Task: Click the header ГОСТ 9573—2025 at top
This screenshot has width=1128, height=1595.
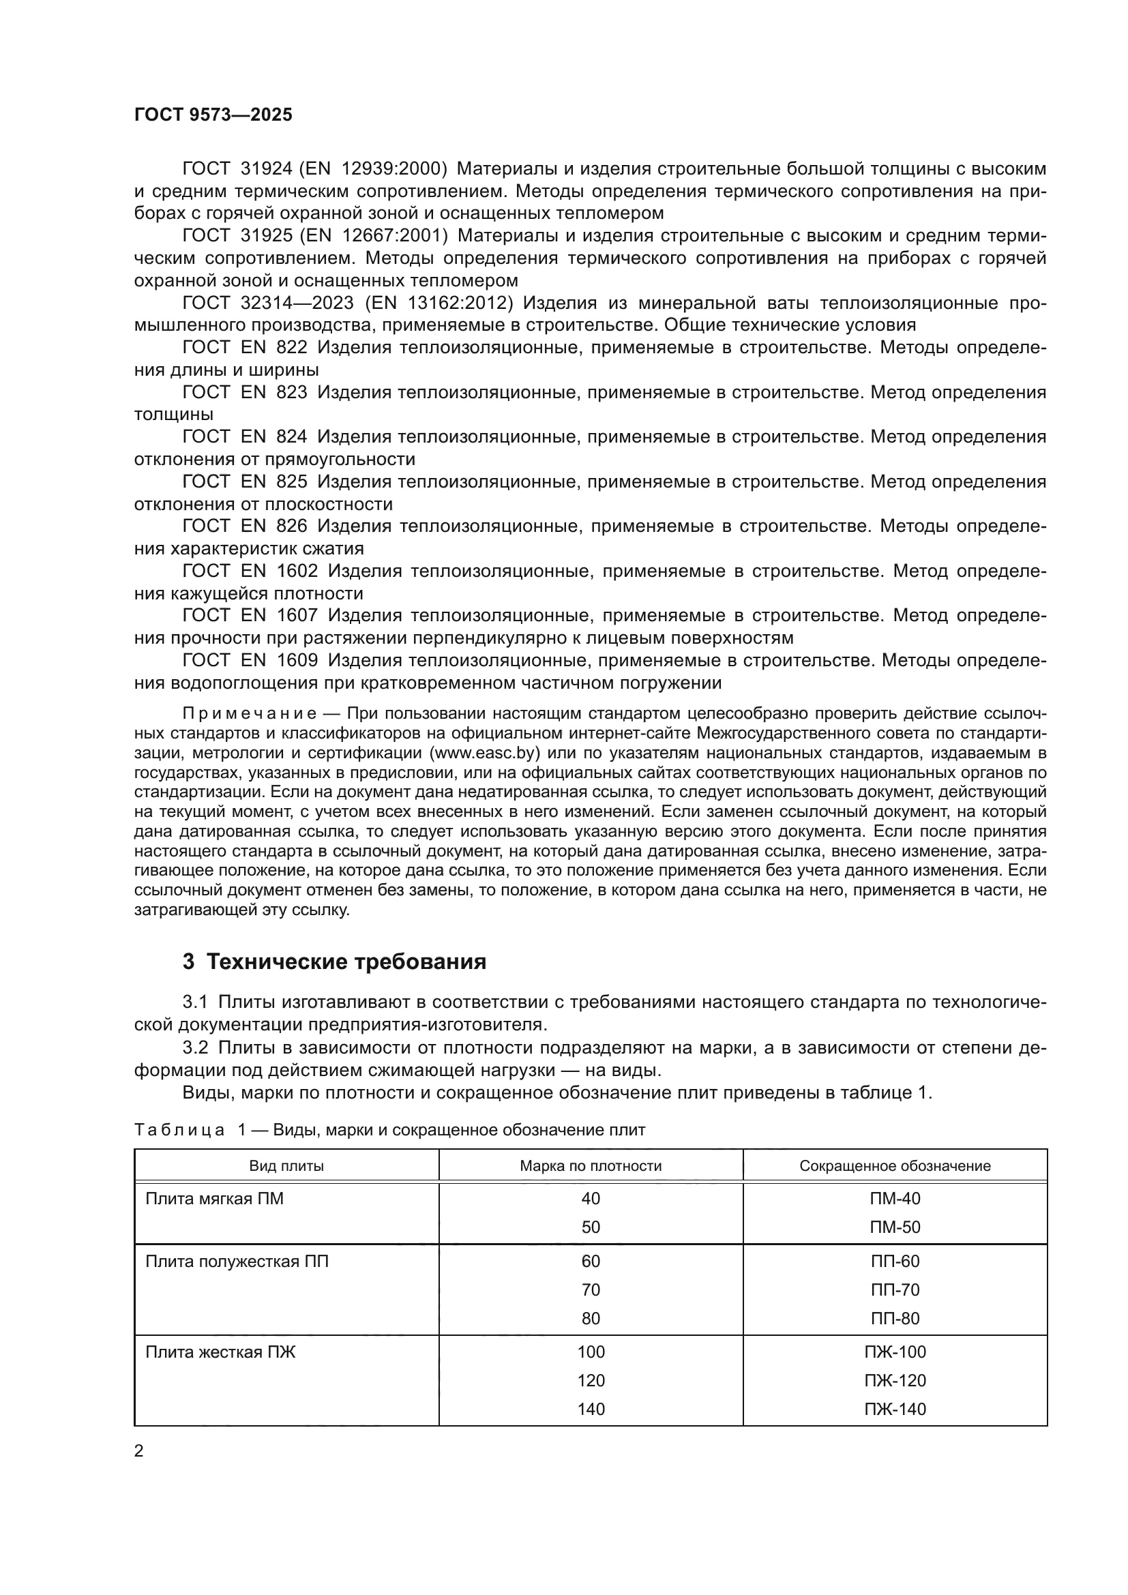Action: (x=213, y=115)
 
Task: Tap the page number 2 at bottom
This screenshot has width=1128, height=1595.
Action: (x=139, y=1451)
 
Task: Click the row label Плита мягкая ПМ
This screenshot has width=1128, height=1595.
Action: (x=215, y=1199)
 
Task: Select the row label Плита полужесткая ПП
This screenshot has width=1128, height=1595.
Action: (x=237, y=1262)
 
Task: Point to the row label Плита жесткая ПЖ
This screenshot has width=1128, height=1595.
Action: (x=220, y=1352)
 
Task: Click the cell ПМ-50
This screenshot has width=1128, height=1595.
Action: (x=895, y=1227)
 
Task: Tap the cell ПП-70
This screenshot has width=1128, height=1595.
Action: (x=895, y=1290)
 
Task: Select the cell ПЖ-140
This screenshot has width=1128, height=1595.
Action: (x=895, y=1409)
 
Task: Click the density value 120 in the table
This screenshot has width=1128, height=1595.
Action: (x=591, y=1380)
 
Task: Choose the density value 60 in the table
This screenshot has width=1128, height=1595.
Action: (x=591, y=1262)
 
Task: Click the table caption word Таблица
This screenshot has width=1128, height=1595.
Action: (x=179, y=1131)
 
